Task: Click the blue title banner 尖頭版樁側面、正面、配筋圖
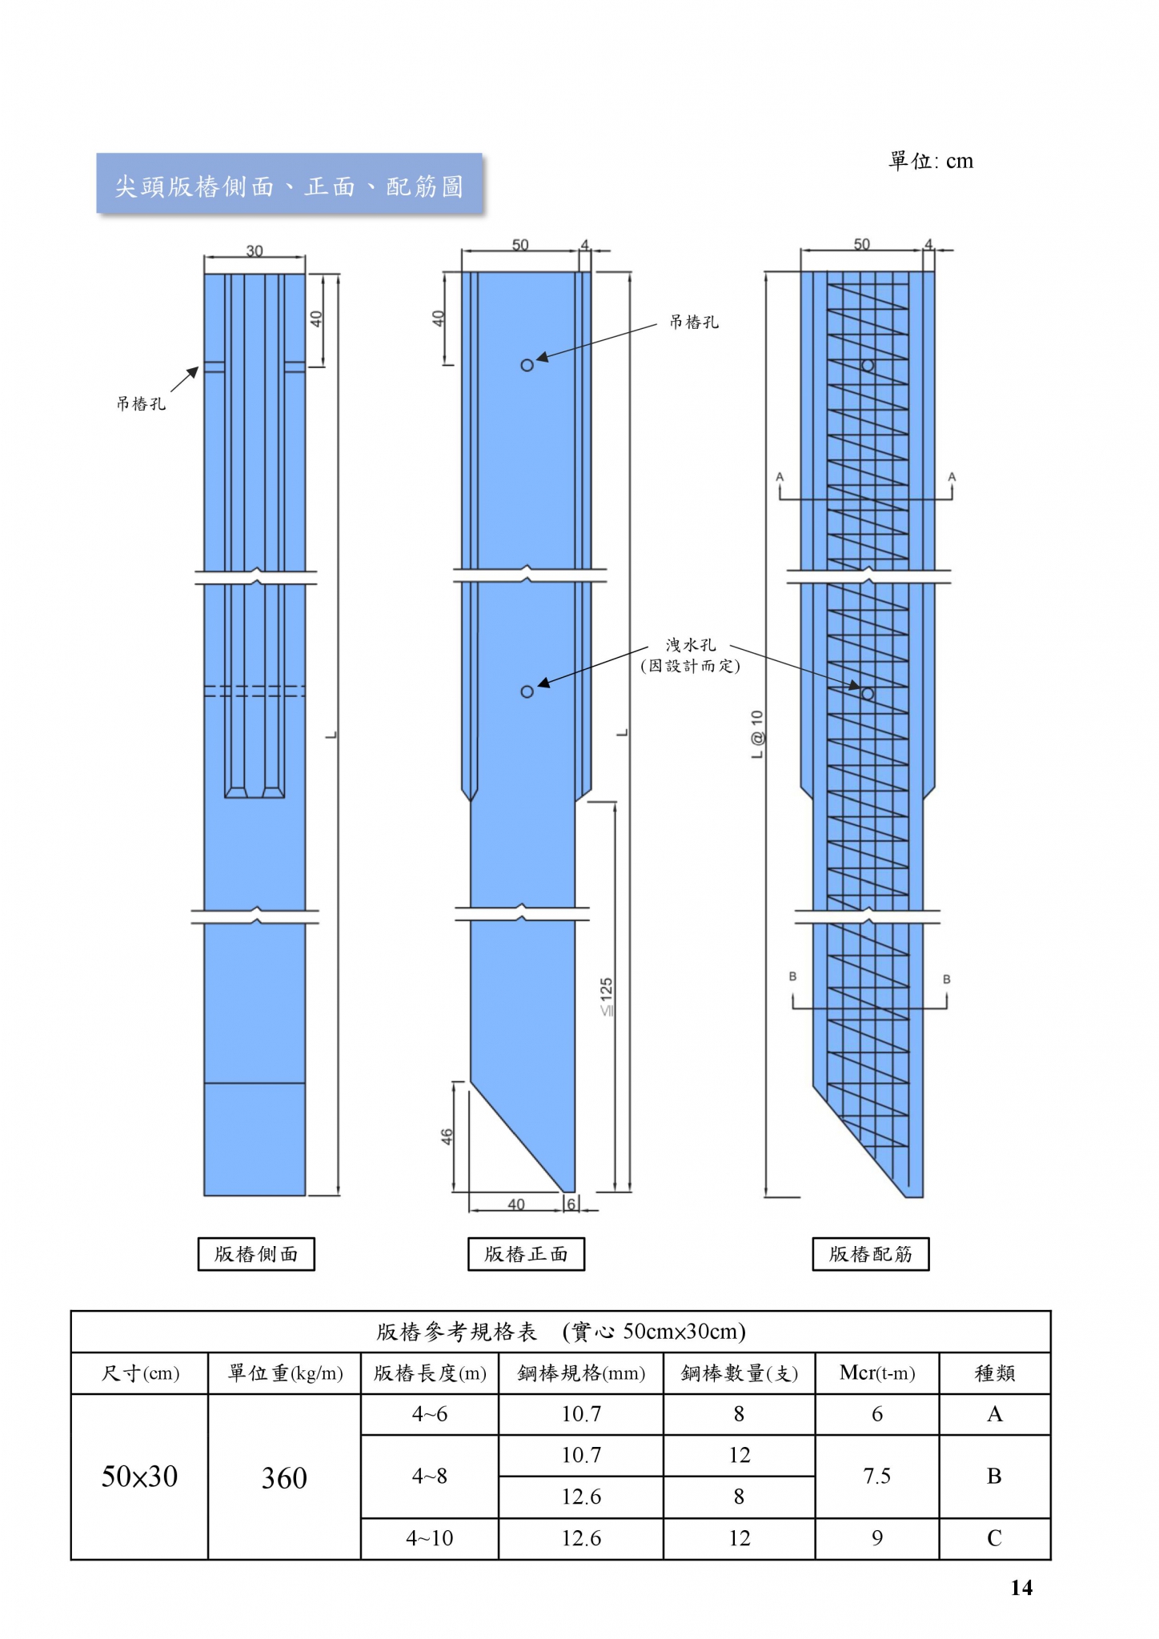(290, 184)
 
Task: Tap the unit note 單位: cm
(931, 161)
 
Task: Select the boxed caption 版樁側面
(256, 1253)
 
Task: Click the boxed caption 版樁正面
(526, 1253)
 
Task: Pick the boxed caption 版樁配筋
(871, 1253)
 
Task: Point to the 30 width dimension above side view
(255, 250)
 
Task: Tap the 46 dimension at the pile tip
(447, 1136)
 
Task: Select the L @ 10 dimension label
(757, 735)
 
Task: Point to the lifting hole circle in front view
(527, 365)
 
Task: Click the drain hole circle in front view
(527, 691)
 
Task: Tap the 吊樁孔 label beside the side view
(141, 403)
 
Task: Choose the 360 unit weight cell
(284, 1477)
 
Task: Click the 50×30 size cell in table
(139, 1477)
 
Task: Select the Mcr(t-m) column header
(877, 1373)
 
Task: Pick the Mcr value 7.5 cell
(877, 1476)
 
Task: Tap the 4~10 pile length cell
(430, 1538)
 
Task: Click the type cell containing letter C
(995, 1538)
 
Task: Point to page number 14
(1021, 1588)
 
